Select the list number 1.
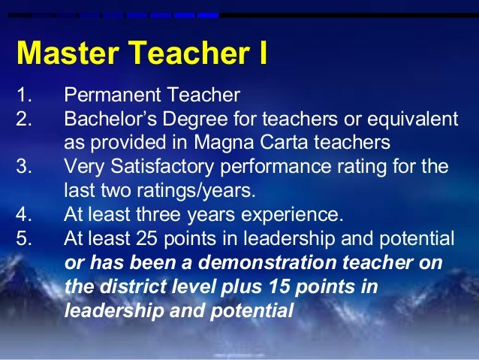(x=23, y=96)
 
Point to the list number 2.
(x=23, y=119)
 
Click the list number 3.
(x=23, y=167)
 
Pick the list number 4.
(x=23, y=214)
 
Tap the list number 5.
(x=23, y=238)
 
